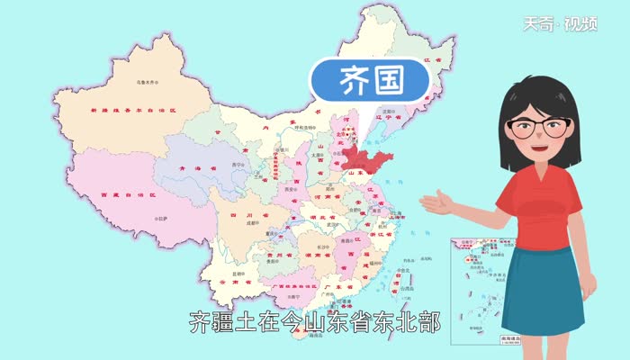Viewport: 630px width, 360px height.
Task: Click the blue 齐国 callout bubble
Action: point(370,79)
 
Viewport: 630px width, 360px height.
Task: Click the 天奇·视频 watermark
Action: point(573,23)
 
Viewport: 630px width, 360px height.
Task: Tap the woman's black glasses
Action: point(541,127)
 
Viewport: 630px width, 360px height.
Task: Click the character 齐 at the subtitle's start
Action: point(200,322)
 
